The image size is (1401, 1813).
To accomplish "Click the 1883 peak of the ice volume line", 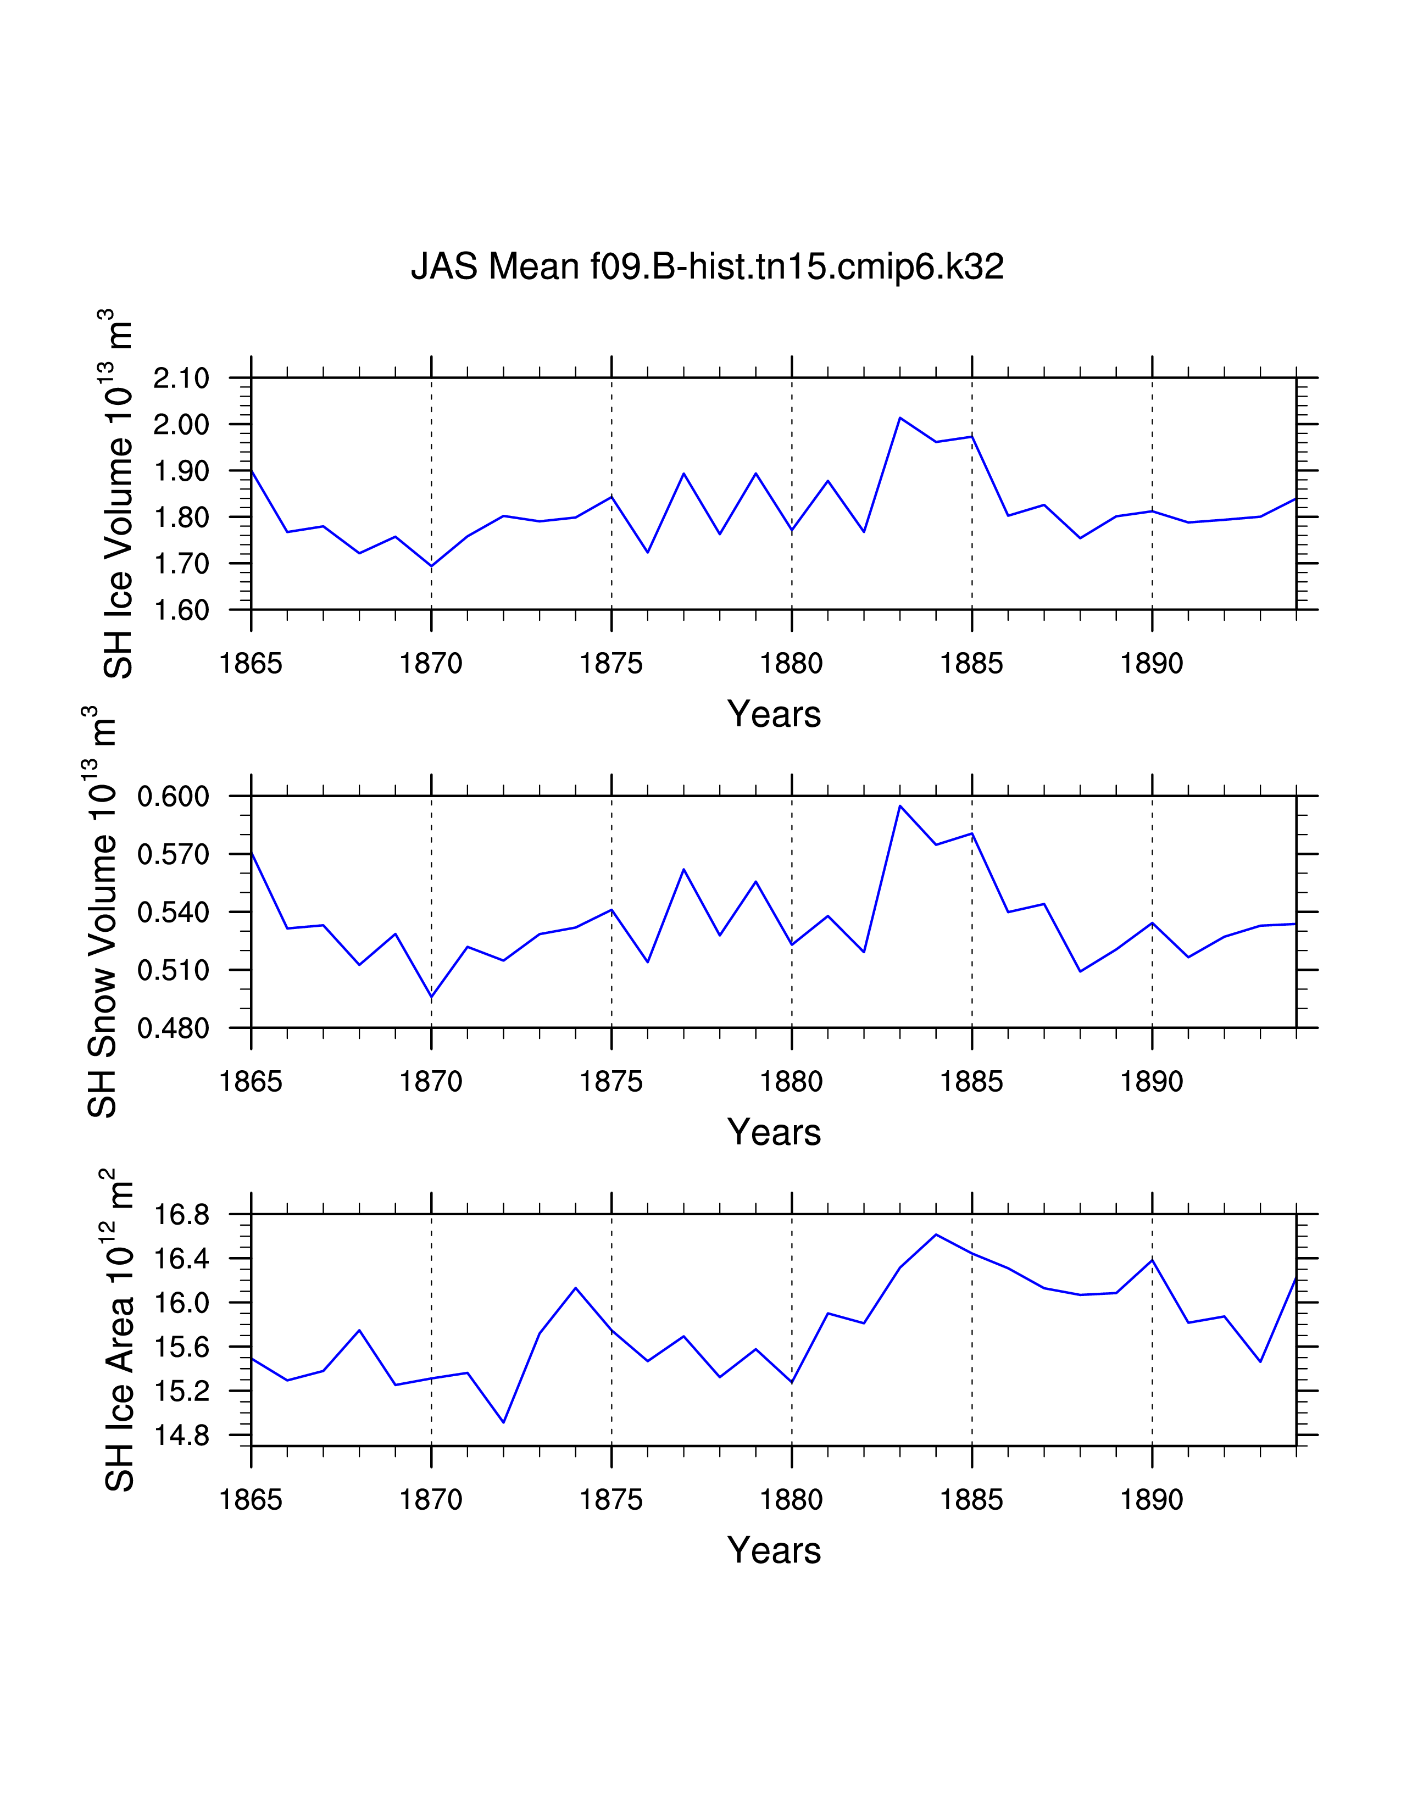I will pos(900,418).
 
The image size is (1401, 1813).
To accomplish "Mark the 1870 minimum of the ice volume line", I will pos(432,566).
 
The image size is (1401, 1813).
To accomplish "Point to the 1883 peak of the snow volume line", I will pos(900,805).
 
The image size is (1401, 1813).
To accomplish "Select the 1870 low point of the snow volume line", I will pos(432,997).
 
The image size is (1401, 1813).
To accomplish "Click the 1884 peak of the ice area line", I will pos(936,1234).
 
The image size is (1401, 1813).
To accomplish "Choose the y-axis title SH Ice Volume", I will pos(118,494).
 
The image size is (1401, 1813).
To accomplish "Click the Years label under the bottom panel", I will pos(774,1550).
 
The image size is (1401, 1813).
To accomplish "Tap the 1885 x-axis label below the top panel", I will pos(972,664).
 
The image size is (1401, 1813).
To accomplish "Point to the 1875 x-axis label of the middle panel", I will pos(611,1082).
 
